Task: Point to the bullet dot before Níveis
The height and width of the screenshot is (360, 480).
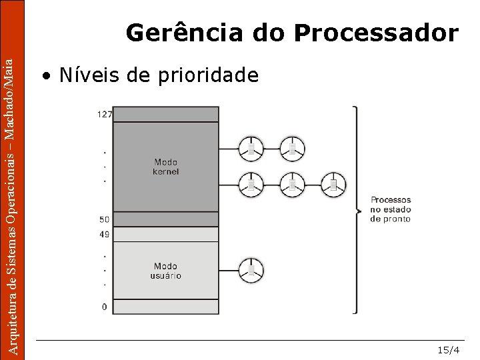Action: tap(45, 76)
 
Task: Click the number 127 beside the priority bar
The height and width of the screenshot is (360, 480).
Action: tap(104, 114)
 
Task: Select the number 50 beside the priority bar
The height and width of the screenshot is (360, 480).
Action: tap(104, 219)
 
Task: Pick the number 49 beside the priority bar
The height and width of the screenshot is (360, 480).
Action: tap(104, 234)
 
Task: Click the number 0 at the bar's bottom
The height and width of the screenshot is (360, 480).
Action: tap(104, 307)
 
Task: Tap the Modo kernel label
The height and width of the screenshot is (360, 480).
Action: tap(166, 167)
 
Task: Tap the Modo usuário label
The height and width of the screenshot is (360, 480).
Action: tap(166, 271)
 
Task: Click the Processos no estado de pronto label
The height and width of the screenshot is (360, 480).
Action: tap(391, 209)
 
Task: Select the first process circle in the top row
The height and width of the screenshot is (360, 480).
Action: tap(251, 149)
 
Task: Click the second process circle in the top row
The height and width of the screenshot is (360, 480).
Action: tap(292, 149)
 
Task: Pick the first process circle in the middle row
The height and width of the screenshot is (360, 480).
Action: tap(251, 184)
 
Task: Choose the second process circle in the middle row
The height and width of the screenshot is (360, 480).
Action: tap(292, 184)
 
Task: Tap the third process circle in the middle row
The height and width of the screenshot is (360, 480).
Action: tap(333, 184)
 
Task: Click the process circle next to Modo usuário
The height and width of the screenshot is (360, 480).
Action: tap(251, 270)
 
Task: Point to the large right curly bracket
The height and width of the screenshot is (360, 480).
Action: tap(355, 209)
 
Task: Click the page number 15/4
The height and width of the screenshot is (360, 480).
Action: tap(448, 350)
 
